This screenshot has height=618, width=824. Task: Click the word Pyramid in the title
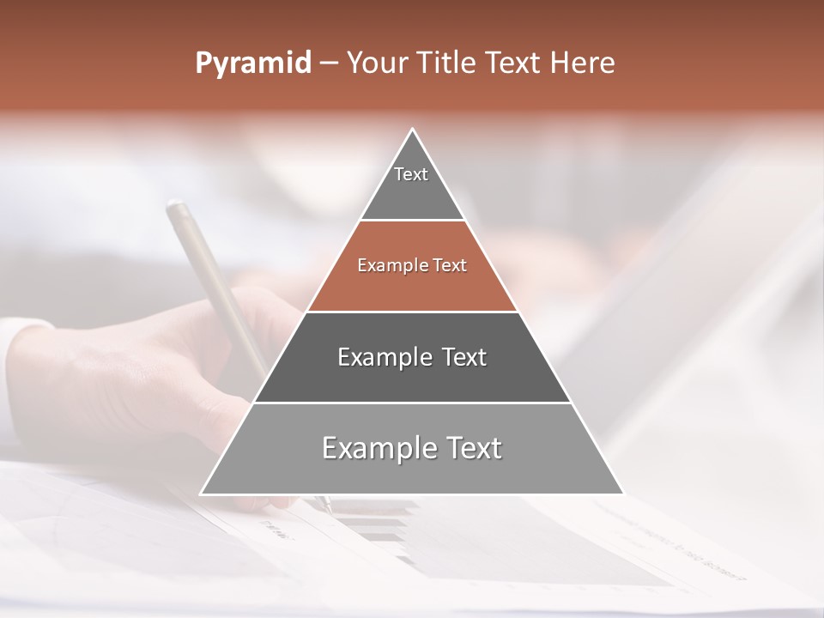point(252,64)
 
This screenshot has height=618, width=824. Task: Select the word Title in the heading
point(451,64)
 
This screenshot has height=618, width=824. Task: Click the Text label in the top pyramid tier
point(411,174)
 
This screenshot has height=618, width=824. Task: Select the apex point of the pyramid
point(413,130)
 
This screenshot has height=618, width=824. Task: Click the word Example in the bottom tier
point(367,448)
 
